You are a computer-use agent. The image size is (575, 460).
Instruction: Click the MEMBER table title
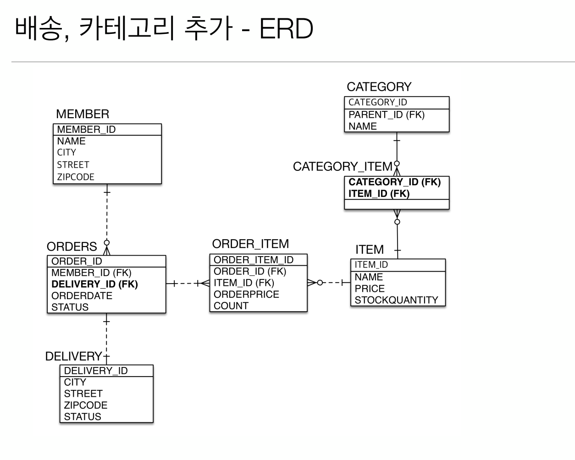tap(83, 114)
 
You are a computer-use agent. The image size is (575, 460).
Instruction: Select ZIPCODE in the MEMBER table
tap(76, 177)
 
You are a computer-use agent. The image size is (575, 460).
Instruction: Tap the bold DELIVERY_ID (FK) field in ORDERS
tap(94, 284)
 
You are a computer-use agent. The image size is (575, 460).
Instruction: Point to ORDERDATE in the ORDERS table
tap(82, 296)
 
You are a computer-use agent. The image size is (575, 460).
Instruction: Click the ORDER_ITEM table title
tap(250, 244)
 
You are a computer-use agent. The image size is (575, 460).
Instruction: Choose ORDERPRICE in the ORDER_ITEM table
tap(246, 294)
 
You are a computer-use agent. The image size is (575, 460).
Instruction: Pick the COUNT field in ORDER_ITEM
tap(231, 306)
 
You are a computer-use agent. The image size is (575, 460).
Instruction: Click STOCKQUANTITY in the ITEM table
tap(396, 300)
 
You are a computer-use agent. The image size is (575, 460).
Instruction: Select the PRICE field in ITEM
tap(370, 289)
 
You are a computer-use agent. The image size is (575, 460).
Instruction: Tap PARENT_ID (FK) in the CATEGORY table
tap(387, 115)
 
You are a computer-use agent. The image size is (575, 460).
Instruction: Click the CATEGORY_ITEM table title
tap(343, 166)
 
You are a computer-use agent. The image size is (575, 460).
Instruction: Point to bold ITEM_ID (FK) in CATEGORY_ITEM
tap(379, 193)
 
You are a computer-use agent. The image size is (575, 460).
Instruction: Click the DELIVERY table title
tap(73, 356)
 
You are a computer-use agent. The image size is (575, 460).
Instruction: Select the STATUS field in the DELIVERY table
tap(83, 416)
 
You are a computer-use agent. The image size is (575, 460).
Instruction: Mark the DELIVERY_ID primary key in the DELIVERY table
tap(96, 371)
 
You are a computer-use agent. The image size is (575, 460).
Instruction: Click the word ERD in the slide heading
tap(286, 28)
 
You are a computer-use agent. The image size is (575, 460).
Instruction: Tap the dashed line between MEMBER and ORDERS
tap(107, 215)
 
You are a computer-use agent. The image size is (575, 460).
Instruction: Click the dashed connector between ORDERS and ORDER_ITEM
tap(187, 284)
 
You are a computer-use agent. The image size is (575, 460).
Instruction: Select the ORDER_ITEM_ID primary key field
tap(254, 260)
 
